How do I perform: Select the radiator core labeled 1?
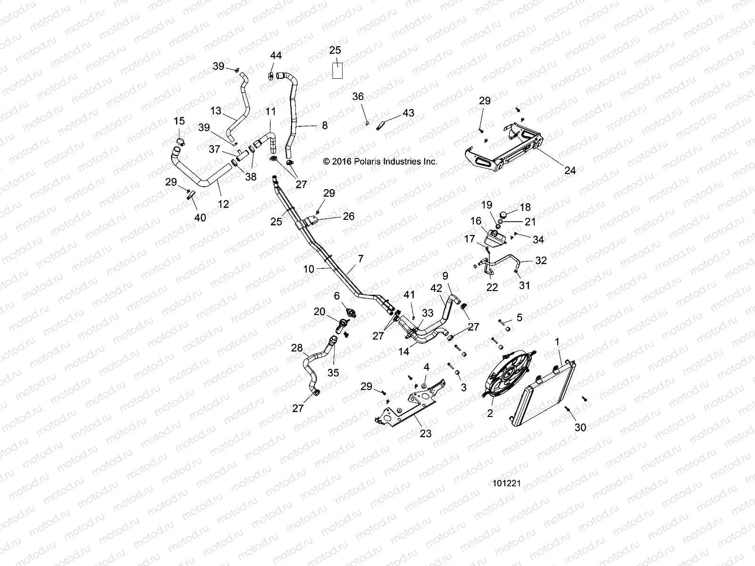pos(547,401)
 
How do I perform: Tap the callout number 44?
pos(276,56)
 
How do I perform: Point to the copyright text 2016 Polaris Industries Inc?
pos(380,161)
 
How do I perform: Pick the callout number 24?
pos(570,170)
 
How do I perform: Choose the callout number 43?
pos(408,113)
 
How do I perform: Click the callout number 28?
pos(297,348)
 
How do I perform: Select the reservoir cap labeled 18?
pos(504,215)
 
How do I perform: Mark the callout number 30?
pos(580,427)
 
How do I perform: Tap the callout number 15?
pos(179,121)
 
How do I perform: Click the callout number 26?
pos(348,216)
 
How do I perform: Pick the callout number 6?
pos(337,296)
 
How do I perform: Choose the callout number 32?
pos(541,260)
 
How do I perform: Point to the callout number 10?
pos(309,269)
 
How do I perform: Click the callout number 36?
pos(358,96)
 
